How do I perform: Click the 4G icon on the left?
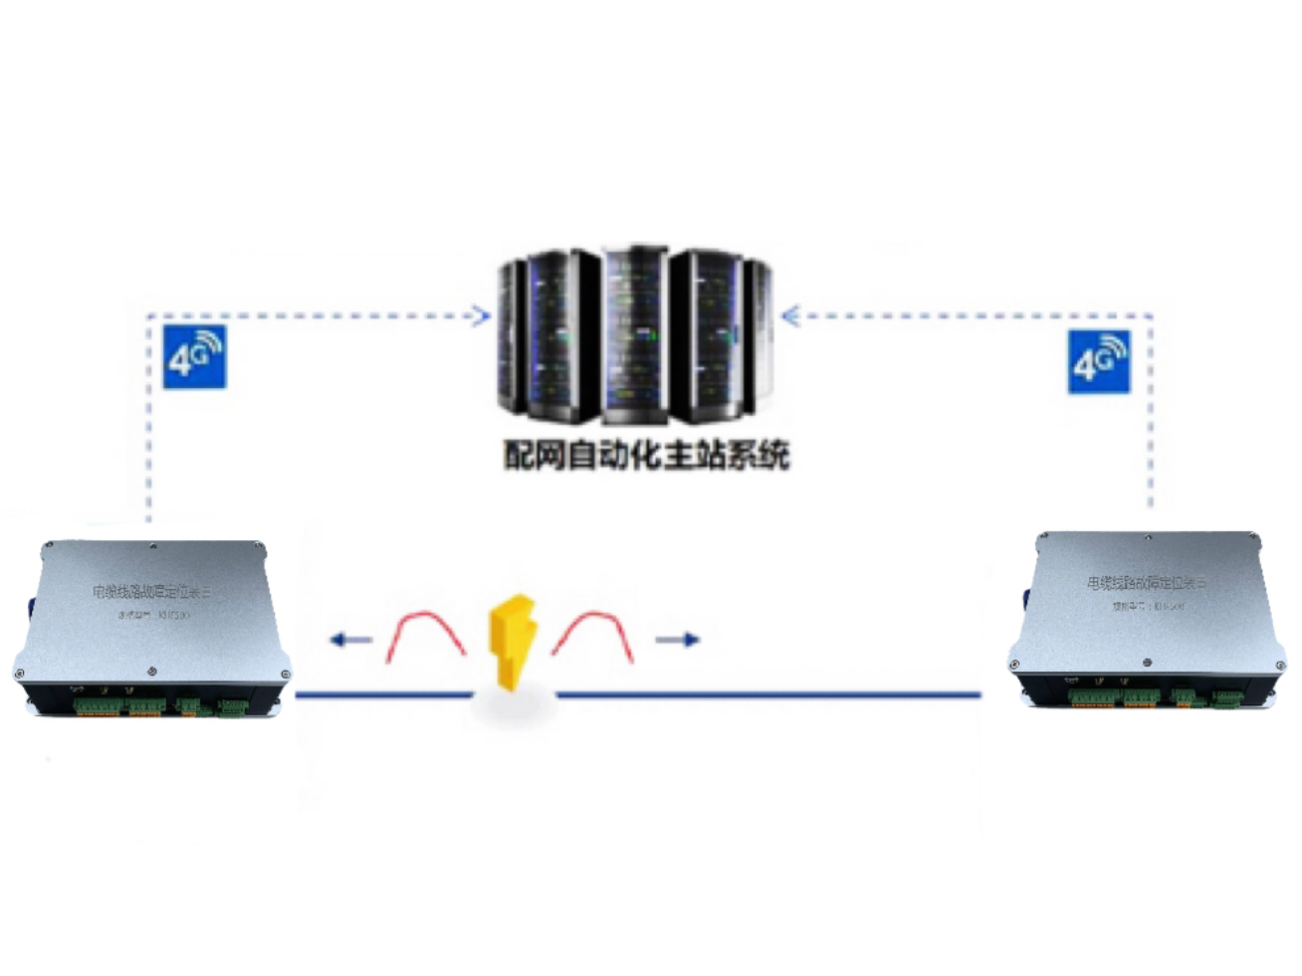click(x=194, y=356)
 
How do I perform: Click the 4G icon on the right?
click(x=1099, y=362)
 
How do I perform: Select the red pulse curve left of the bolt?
click(x=426, y=636)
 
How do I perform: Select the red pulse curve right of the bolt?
click(x=593, y=636)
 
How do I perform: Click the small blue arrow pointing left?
click(x=350, y=640)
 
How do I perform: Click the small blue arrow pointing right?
click(x=678, y=640)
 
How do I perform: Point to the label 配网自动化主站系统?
click(x=647, y=456)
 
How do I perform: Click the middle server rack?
click(x=634, y=333)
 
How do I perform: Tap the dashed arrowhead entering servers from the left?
click(x=480, y=316)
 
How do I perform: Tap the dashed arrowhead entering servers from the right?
click(x=790, y=316)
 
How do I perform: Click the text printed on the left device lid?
click(x=152, y=593)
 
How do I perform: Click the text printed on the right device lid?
click(x=1146, y=583)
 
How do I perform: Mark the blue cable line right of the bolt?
click(x=766, y=694)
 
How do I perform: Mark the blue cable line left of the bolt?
click(x=383, y=694)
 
